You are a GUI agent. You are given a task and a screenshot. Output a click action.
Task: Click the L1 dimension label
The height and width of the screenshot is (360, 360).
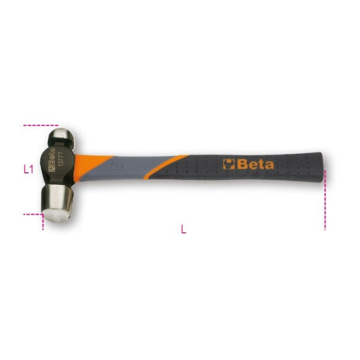tap(28, 169)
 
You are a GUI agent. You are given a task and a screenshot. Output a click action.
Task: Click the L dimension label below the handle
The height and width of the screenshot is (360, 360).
tap(184, 228)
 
